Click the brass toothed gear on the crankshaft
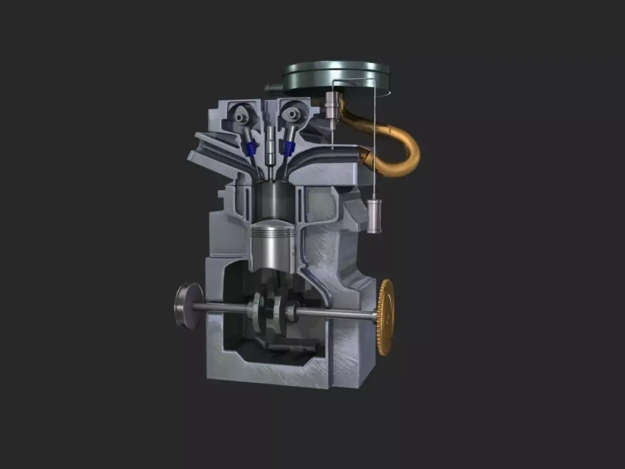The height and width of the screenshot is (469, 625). (x=385, y=317)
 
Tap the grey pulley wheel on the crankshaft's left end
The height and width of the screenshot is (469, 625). (x=187, y=306)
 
